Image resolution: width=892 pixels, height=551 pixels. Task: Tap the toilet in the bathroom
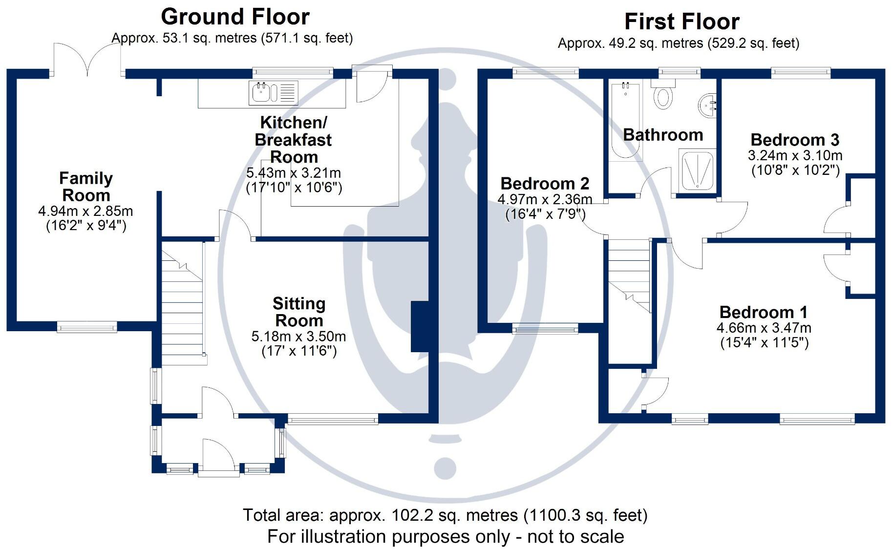click(x=662, y=95)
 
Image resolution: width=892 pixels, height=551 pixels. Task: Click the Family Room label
click(x=86, y=187)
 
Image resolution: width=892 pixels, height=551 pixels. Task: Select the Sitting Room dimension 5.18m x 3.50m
click(x=298, y=337)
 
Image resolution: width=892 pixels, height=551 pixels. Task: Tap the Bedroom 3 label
click(x=795, y=140)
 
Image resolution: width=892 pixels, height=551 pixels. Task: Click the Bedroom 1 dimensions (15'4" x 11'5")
click(x=765, y=342)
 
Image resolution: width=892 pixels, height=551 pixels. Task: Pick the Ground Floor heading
click(x=235, y=17)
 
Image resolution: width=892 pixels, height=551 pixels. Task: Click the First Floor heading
click(x=682, y=22)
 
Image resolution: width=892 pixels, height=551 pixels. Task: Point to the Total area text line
click(x=445, y=515)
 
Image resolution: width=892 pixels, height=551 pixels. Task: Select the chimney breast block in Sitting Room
click(x=420, y=326)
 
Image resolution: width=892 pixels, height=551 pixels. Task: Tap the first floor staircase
click(x=629, y=276)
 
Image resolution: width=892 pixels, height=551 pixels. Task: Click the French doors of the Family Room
click(x=87, y=61)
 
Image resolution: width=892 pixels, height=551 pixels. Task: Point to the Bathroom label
click(x=663, y=135)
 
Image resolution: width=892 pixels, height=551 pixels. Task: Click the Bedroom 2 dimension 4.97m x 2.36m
click(x=545, y=199)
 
